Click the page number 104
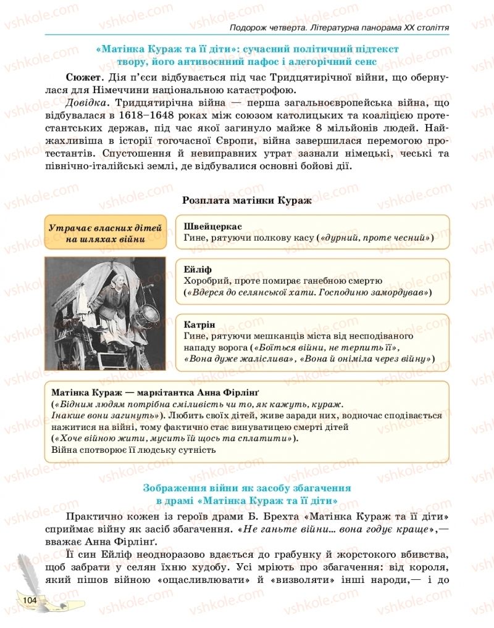click(29, 600)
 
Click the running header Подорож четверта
click(267, 28)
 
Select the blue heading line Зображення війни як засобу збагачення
click(247, 487)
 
